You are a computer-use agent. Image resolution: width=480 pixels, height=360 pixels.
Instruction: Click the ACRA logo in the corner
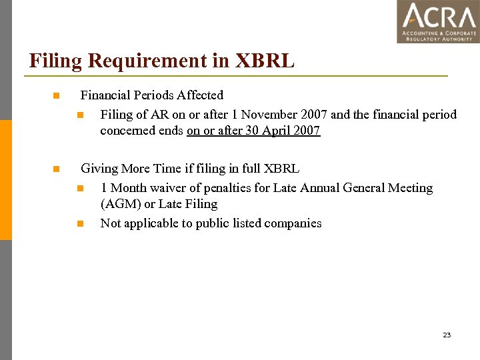[x=438, y=21]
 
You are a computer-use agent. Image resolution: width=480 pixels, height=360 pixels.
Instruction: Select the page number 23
[x=447, y=335]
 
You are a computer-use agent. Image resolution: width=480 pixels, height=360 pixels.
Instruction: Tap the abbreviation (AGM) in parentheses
[x=119, y=204]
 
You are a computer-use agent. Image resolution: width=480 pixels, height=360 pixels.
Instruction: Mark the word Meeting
[x=408, y=188]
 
